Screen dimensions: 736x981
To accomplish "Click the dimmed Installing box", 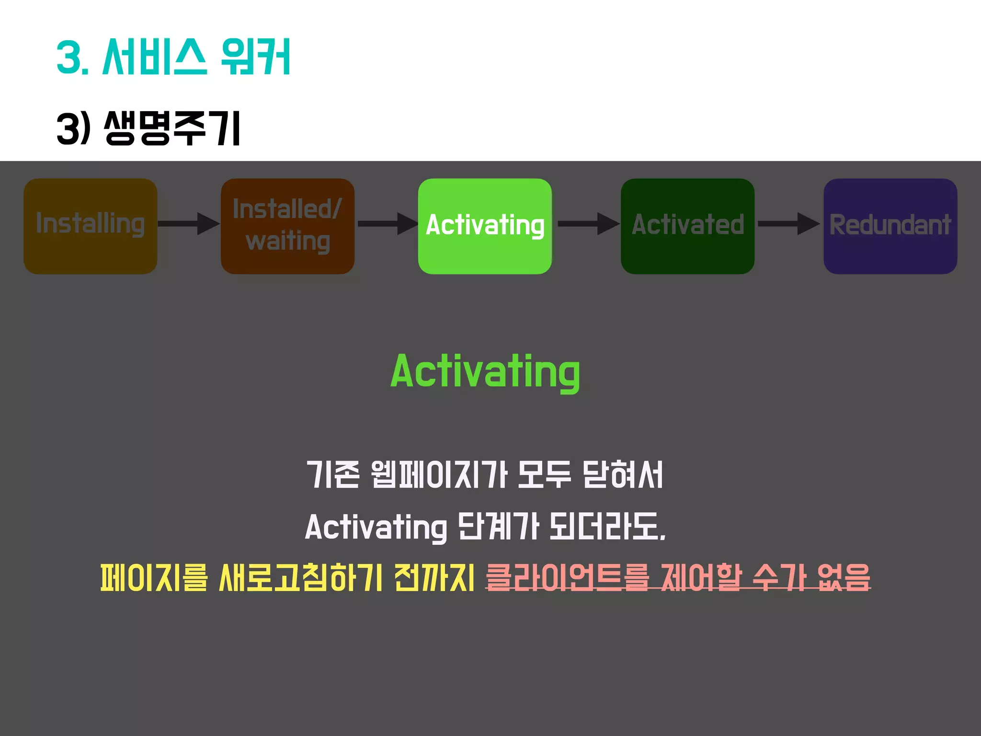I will click(x=90, y=226).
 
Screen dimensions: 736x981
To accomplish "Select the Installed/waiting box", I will click(x=287, y=226).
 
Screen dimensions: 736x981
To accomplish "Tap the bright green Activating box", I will click(x=485, y=226).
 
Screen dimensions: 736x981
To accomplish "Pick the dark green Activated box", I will click(x=687, y=226).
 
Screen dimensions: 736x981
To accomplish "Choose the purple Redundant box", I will click(x=890, y=226).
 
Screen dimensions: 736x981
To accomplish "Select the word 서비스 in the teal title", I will click(x=155, y=57).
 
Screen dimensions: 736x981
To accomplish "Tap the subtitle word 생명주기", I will click(x=172, y=128).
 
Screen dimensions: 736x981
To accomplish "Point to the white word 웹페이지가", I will click(x=439, y=475).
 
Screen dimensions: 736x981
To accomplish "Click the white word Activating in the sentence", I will click(x=376, y=527).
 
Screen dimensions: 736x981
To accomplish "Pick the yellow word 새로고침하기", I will click(x=300, y=577).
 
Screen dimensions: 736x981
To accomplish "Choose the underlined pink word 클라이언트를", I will click(x=567, y=577).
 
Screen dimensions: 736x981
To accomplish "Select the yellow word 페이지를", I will click(x=154, y=577).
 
